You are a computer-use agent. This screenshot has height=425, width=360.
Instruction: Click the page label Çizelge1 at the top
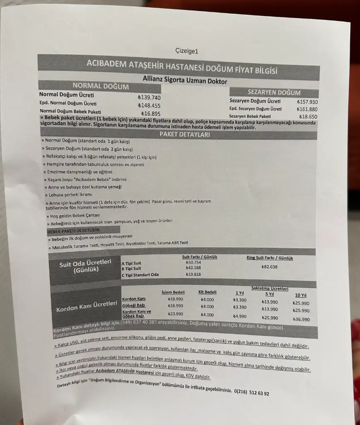(187, 51)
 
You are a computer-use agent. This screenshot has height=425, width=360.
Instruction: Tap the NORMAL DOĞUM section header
(100, 86)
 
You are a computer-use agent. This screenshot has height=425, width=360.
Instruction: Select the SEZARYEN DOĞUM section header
(274, 93)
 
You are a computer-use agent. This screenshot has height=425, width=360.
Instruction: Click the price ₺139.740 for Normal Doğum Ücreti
(149, 97)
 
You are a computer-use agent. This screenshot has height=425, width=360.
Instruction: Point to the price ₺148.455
(149, 105)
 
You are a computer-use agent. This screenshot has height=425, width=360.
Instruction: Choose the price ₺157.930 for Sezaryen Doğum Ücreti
(307, 102)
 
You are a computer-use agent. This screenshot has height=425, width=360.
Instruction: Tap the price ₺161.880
(307, 109)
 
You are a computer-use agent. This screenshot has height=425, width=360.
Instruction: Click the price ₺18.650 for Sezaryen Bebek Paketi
(307, 117)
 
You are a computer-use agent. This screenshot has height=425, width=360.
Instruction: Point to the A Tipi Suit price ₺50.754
(193, 262)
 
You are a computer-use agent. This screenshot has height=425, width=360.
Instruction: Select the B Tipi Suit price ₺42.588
(193, 268)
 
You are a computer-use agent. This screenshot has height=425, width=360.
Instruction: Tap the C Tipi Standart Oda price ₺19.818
(193, 274)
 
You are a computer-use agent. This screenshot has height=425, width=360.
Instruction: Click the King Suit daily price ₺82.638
(270, 266)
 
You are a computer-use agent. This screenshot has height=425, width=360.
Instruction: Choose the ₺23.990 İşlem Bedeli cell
(175, 314)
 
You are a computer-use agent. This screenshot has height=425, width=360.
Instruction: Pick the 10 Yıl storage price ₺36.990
(301, 319)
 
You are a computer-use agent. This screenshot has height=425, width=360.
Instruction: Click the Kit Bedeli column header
(207, 292)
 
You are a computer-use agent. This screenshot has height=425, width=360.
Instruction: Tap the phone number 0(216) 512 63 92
(252, 393)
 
